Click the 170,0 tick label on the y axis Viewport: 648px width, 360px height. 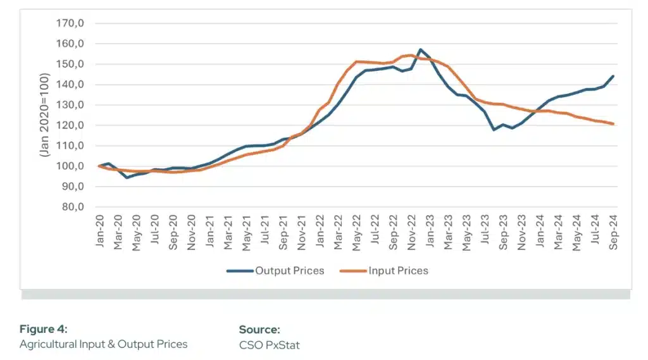pyautogui.click(x=72, y=24)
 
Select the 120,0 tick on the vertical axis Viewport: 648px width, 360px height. pyautogui.click(x=72, y=125)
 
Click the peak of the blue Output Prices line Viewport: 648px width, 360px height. pyautogui.click(x=420, y=49)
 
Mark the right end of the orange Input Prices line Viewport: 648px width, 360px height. pyautogui.click(x=613, y=123)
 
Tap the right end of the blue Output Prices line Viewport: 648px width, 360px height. pyautogui.click(x=613, y=76)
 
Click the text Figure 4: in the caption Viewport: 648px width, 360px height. pyautogui.click(x=43, y=329)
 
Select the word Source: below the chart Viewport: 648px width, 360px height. pyautogui.click(x=259, y=329)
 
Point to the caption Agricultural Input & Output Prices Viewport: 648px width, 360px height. pyautogui.click(x=103, y=345)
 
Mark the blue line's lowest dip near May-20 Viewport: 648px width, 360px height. pyautogui.click(x=127, y=177)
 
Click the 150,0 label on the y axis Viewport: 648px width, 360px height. pyautogui.click(x=72, y=65)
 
